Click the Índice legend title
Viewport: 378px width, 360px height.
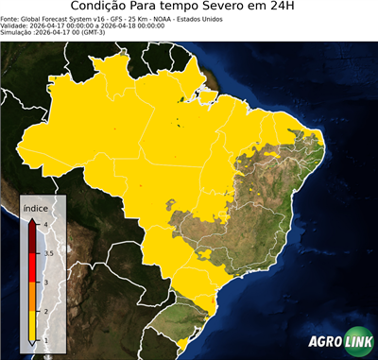pyautogui.click(x=35, y=207)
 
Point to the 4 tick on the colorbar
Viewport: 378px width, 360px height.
pyautogui.click(x=44, y=223)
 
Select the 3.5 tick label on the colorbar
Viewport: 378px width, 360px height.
pyautogui.click(x=47, y=253)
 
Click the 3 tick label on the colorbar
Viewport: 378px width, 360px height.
pyautogui.click(x=44, y=282)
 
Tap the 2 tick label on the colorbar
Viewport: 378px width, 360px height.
pyautogui.click(x=44, y=311)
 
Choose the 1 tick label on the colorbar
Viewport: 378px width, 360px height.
pyautogui.click(x=44, y=340)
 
